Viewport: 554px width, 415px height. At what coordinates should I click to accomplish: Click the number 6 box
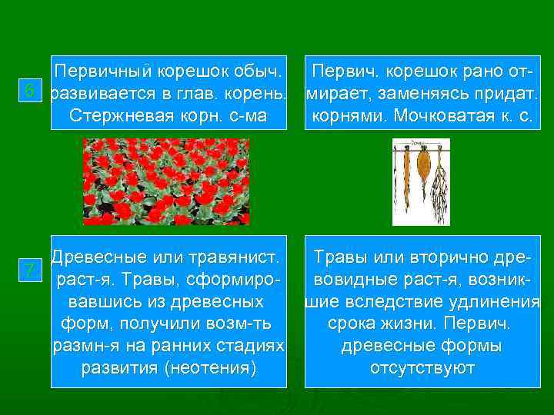point(30,91)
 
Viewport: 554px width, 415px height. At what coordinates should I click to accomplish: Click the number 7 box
point(30,270)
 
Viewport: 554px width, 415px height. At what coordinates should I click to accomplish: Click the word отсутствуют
point(422,368)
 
